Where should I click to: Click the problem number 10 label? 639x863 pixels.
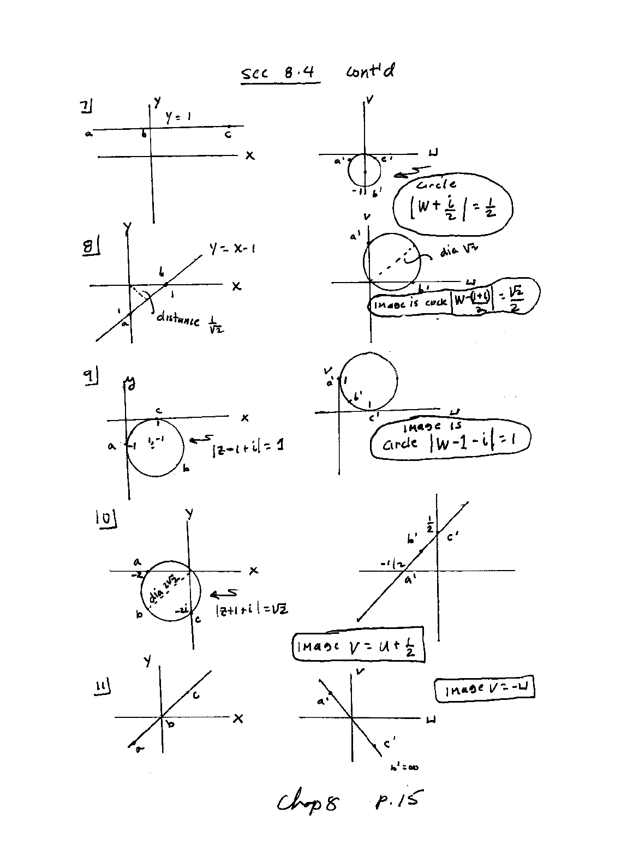point(106,518)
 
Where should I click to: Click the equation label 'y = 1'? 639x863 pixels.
point(178,116)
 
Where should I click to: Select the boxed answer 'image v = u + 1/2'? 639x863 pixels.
point(359,646)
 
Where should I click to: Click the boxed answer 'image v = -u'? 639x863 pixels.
point(484,690)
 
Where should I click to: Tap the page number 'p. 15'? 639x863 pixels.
point(397,800)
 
